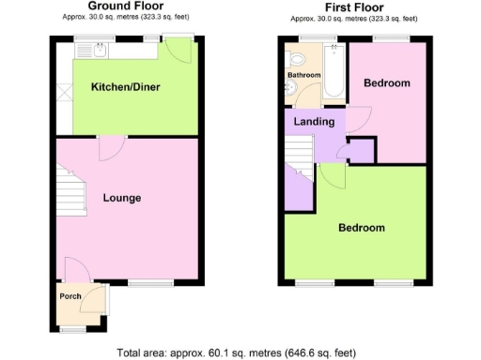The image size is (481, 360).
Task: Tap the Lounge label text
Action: point(122,199)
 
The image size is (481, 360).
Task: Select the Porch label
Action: point(70,296)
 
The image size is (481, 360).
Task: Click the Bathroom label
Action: point(303,75)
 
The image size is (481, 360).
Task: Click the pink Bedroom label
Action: point(387,83)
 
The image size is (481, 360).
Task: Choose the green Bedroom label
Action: point(361,228)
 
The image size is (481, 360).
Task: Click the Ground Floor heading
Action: point(119,6)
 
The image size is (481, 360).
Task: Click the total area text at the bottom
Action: point(236,353)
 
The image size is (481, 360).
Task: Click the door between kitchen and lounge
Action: point(111,146)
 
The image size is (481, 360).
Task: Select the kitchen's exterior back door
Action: point(178,49)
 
